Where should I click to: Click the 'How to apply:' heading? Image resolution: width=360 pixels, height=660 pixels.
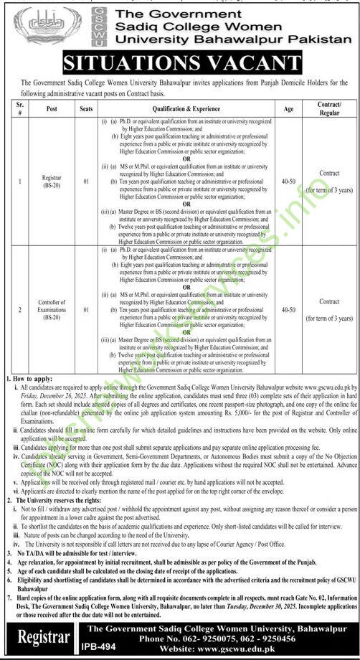coord(29,377)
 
